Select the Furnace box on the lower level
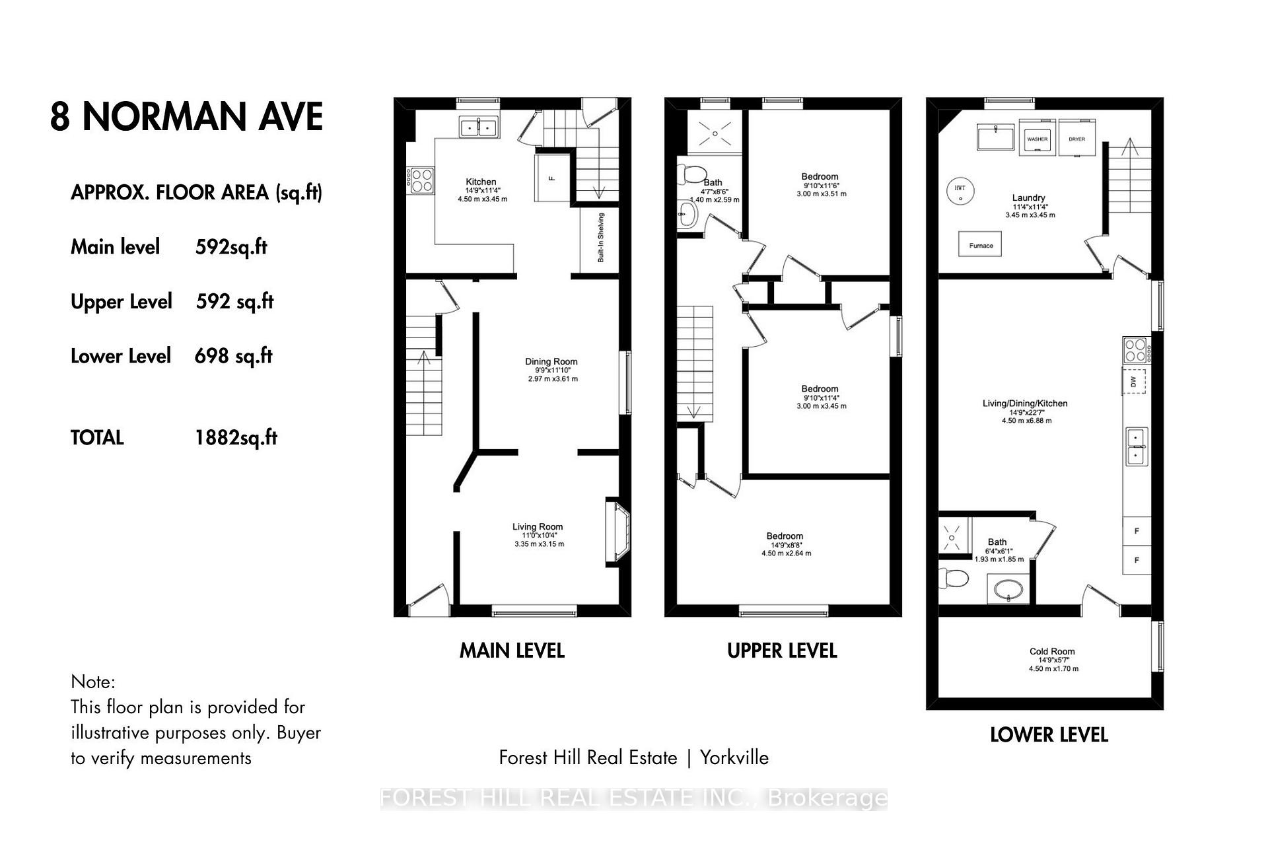pos(980,244)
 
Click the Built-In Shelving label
pos(601,238)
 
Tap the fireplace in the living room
pos(618,532)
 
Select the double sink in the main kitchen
pos(479,127)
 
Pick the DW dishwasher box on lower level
pos(1133,382)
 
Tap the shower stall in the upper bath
pos(714,134)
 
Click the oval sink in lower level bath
pos(1008,588)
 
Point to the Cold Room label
pos(1052,651)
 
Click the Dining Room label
pos(551,361)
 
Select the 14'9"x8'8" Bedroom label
pos(785,536)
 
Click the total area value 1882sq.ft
pos(236,438)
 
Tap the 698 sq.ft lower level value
pos(233,356)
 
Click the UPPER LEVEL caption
pos(782,651)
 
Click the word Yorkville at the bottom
pos(734,757)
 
